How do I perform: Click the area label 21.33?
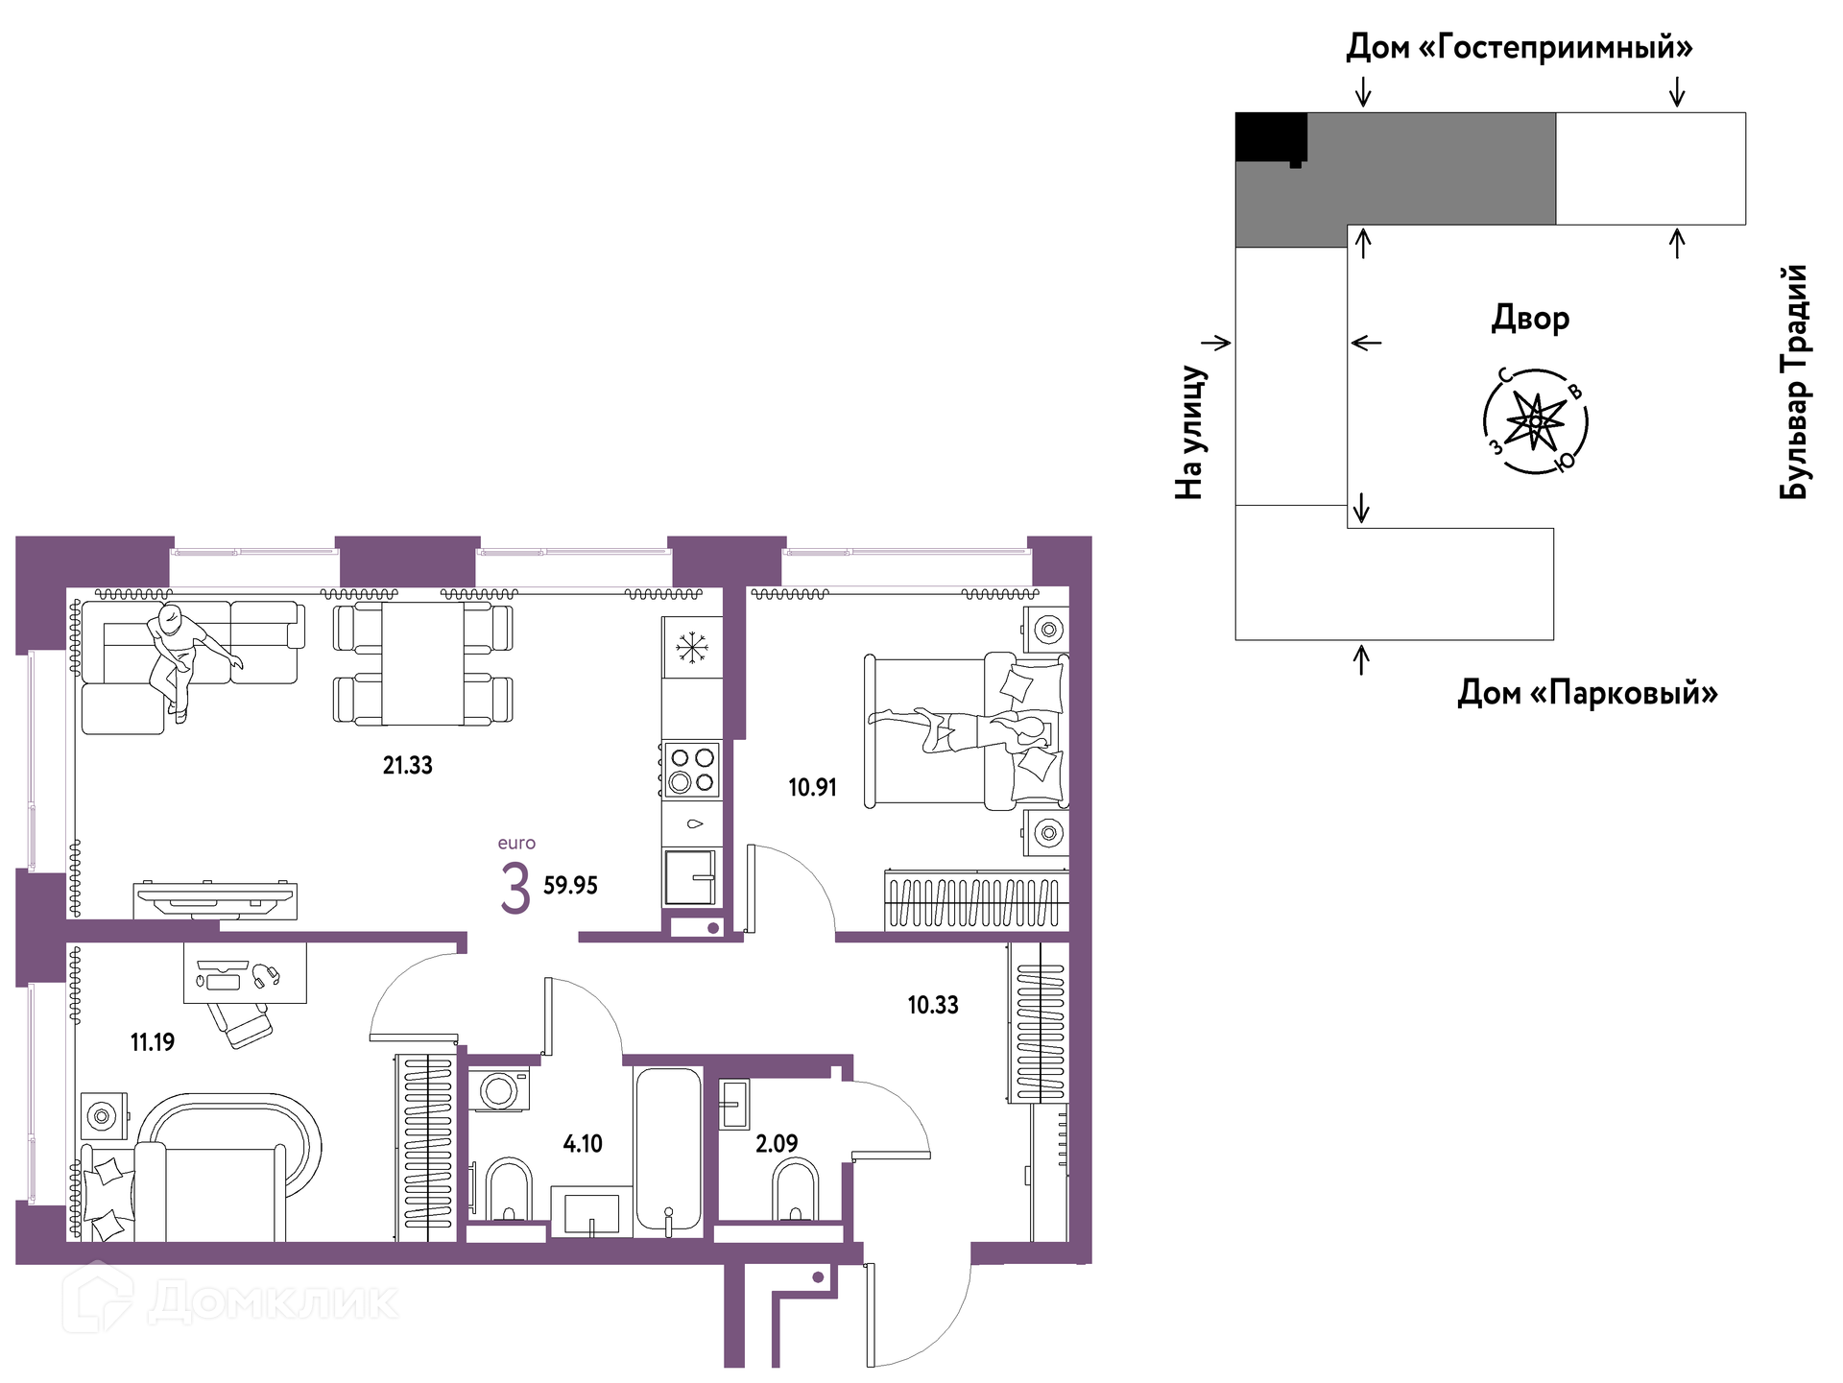point(408,765)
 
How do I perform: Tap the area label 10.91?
point(813,787)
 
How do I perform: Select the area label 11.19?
point(153,1041)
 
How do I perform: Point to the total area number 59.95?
point(570,885)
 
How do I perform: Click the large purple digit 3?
point(515,888)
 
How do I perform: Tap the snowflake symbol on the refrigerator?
point(691,647)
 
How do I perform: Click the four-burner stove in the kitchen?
point(691,769)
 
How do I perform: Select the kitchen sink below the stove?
point(690,877)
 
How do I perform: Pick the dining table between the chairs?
point(423,662)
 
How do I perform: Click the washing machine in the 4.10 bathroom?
point(499,1089)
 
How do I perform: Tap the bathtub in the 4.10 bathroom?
point(668,1150)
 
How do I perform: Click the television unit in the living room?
point(215,899)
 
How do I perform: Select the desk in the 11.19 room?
point(246,973)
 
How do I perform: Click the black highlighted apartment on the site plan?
point(1271,137)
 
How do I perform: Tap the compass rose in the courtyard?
point(1536,421)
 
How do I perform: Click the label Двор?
point(1530,318)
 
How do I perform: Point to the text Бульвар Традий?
point(1793,382)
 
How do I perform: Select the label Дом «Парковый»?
point(1588,692)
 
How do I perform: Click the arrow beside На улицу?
point(1216,343)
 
